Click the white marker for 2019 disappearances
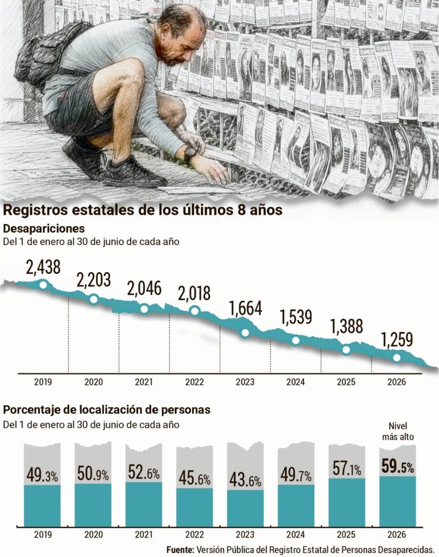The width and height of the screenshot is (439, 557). (x=43, y=284)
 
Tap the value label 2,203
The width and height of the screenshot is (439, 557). (x=93, y=280)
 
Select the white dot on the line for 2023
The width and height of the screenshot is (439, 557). (x=245, y=333)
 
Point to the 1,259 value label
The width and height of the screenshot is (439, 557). (x=397, y=340)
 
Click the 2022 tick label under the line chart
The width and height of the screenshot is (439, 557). (x=194, y=382)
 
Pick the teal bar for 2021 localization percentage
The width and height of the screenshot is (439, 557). (x=144, y=504)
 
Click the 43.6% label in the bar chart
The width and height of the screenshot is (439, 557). (x=245, y=480)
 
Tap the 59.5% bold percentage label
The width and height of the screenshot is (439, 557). (x=398, y=467)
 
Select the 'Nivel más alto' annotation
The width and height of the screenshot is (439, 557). (x=398, y=431)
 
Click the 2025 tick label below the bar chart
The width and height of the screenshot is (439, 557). (x=346, y=534)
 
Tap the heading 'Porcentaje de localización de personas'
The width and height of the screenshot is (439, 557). (x=107, y=409)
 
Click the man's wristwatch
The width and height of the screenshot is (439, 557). (x=189, y=154)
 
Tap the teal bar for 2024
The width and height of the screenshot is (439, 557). (x=296, y=506)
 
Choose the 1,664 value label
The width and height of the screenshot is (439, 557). (x=245, y=309)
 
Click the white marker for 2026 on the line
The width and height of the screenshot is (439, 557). (x=397, y=358)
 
